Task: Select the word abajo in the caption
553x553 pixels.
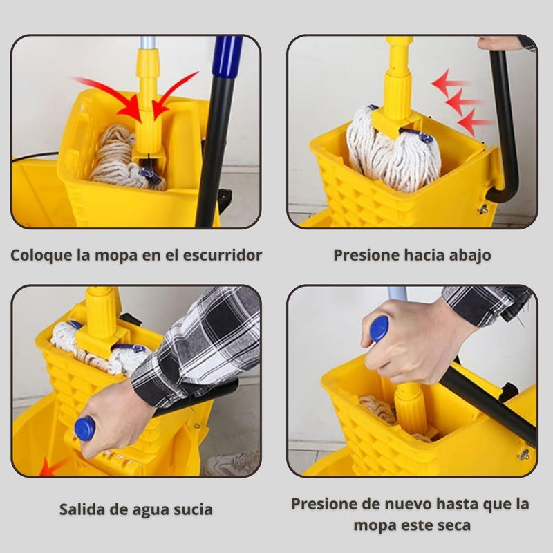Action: click(x=469, y=254)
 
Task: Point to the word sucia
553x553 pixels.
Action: click(x=191, y=510)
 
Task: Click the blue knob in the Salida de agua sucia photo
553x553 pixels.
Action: click(x=84, y=428)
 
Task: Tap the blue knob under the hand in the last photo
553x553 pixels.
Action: click(x=379, y=328)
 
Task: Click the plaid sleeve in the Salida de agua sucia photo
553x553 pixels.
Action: click(x=200, y=346)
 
